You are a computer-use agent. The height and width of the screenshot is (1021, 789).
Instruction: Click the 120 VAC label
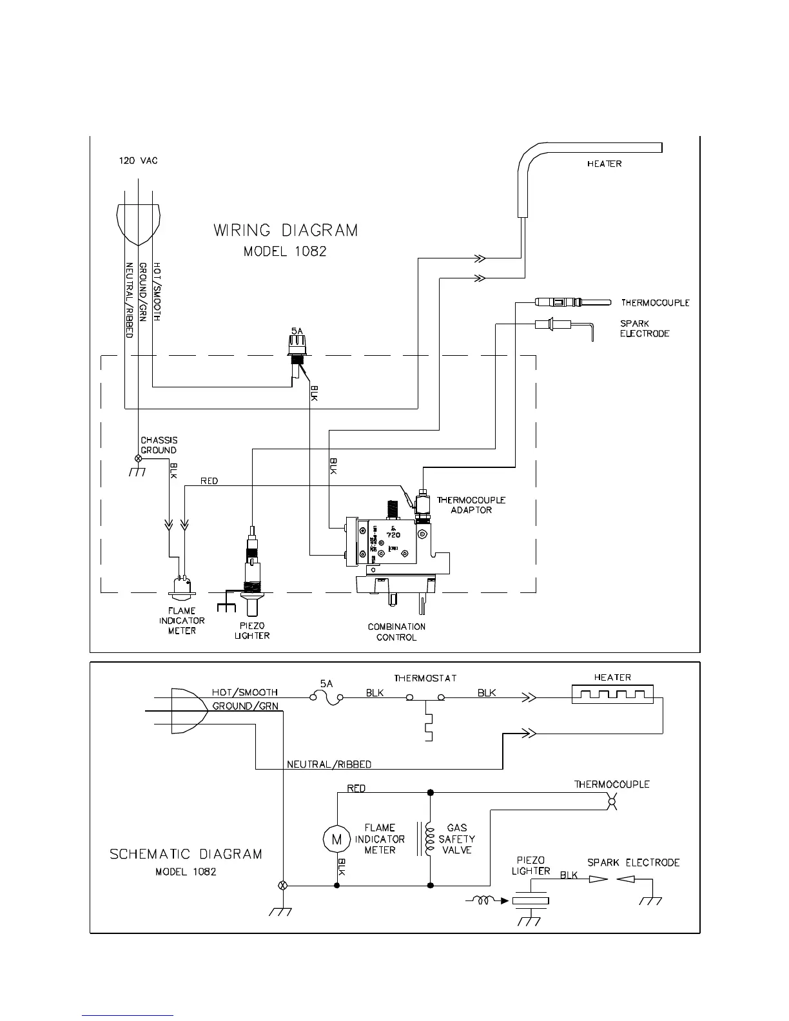(x=138, y=160)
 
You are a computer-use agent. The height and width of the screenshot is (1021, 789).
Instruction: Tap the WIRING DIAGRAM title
(x=286, y=230)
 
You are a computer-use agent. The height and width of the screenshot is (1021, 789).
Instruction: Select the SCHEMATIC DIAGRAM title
(x=186, y=854)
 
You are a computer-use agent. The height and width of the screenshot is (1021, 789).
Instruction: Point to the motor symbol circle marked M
(x=335, y=839)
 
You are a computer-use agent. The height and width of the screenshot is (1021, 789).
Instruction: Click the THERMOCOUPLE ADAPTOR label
(x=471, y=505)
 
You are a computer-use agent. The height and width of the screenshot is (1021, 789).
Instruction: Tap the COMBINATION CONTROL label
(x=396, y=632)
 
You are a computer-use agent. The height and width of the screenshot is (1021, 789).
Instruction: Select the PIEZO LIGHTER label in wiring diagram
(x=252, y=630)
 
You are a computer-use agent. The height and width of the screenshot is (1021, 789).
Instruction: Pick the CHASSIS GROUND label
(x=159, y=445)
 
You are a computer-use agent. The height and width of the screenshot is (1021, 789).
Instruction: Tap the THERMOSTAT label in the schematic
(x=425, y=678)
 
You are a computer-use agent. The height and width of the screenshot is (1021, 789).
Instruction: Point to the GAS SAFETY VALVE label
(x=456, y=839)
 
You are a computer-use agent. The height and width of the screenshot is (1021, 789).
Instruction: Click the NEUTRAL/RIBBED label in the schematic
(x=329, y=764)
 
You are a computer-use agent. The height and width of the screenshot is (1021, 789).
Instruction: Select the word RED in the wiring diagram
(x=209, y=481)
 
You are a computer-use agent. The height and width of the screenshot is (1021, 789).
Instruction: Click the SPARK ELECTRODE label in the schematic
(x=633, y=862)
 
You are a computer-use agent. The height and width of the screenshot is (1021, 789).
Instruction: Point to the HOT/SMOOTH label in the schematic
(x=245, y=692)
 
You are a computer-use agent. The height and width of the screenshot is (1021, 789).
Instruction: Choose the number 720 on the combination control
(x=393, y=534)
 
